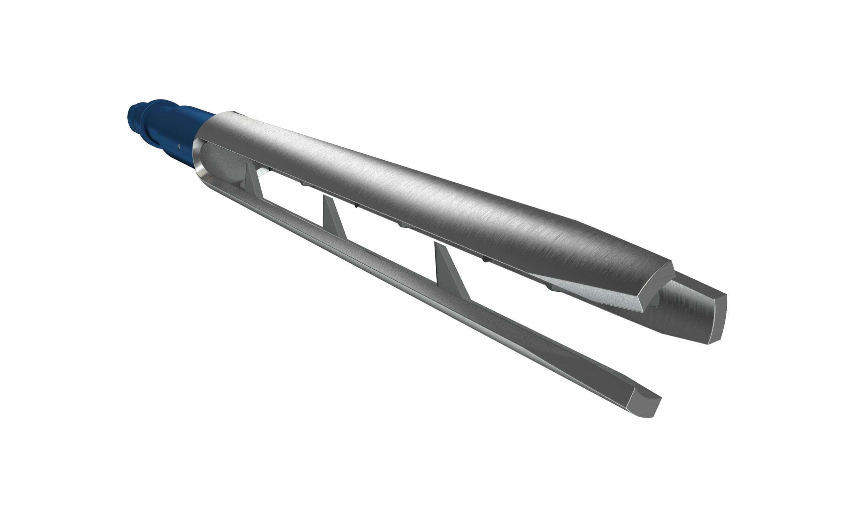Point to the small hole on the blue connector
tap(180, 144)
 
